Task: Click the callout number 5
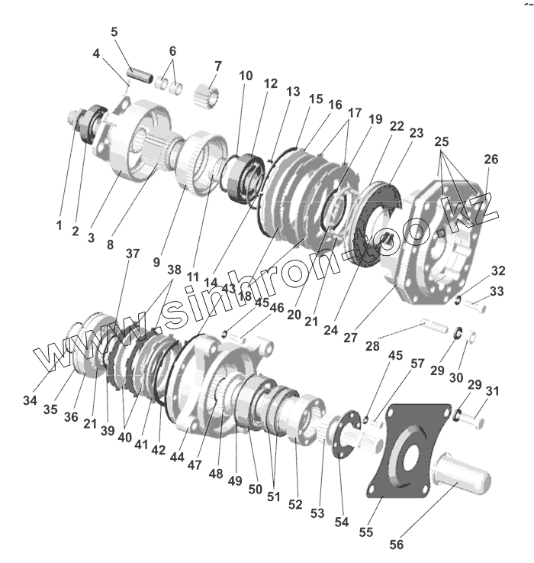point(114,32)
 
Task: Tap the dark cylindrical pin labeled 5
point(140,74)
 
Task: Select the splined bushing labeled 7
point(207,95)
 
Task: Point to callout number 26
point(491,159)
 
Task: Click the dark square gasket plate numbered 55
point(409,451)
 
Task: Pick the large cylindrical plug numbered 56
point(462,473)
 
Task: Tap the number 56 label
point(396,545)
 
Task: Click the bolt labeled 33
point(474,306)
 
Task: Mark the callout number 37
point(132,254)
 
